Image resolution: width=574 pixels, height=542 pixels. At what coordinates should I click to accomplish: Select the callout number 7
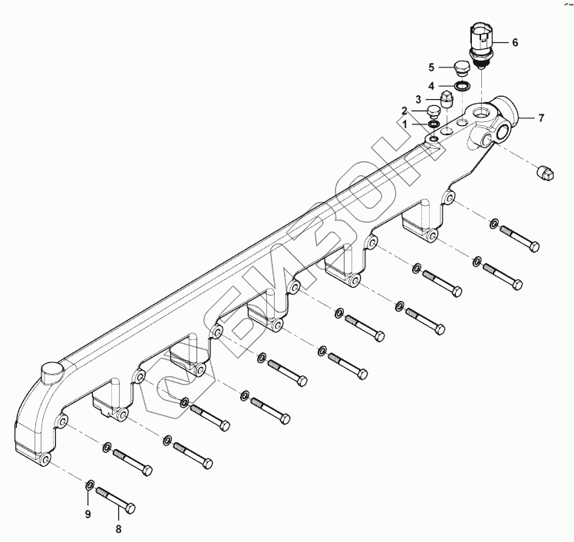click(x=540, y=117)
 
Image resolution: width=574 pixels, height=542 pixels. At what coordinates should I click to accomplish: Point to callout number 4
click(x=431, y=85)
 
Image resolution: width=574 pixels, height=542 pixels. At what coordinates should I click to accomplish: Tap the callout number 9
click(x=87, y=513)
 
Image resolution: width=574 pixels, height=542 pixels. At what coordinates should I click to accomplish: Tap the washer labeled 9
click(x=89, y=484)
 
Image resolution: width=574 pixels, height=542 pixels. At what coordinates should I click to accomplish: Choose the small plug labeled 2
click(x=434, y=112)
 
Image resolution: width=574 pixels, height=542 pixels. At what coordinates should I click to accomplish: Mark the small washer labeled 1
click(x=433, y=124)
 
